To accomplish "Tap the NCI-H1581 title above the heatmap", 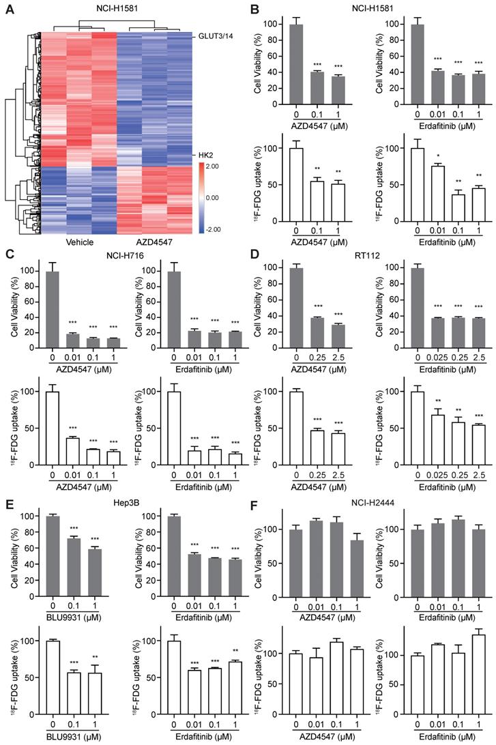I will click(x=105, y=8).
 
